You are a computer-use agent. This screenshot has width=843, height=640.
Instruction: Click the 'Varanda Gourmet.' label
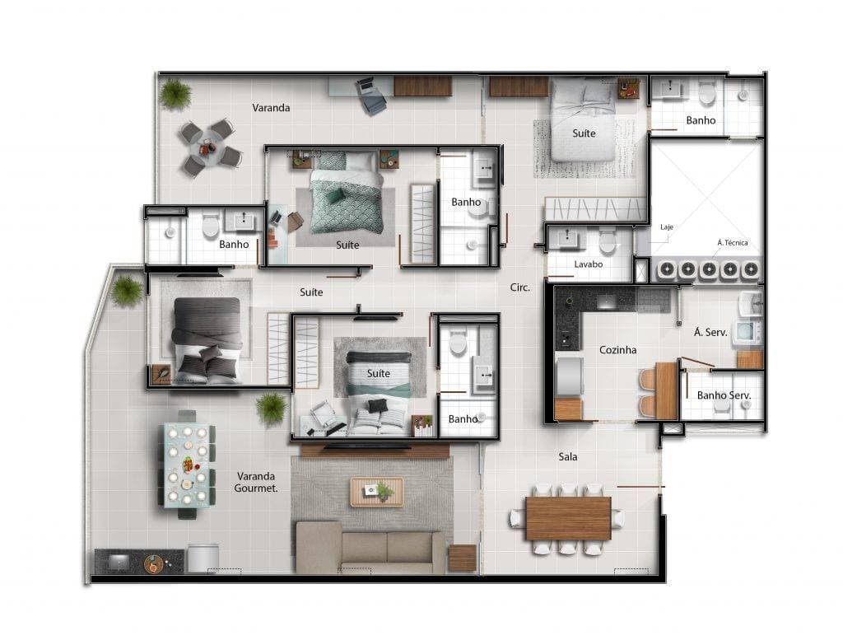(x=257, y=482)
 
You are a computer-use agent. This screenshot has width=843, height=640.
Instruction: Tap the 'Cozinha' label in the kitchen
(x=617, y=350)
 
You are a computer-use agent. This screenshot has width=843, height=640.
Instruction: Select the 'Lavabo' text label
(x=589, y=265)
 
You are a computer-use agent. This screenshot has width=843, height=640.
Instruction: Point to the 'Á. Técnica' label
(x=732, y=243)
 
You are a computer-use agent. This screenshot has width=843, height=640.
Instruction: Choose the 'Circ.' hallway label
(x=519, y=288)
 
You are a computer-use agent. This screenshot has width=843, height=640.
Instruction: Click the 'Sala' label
(x=567, y=456)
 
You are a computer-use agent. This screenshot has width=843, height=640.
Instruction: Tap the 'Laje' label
(x=667, y=227)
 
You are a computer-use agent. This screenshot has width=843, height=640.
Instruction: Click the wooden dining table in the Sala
(x=568, y=518)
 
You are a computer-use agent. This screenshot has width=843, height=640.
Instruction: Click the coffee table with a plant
(x=376, y=492)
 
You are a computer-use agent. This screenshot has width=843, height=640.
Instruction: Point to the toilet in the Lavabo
(x=608, y=242)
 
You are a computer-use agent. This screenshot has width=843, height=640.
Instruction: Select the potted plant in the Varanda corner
(x=175, y=94)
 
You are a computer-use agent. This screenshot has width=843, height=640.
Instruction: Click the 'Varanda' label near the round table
(x=271, y=108)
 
